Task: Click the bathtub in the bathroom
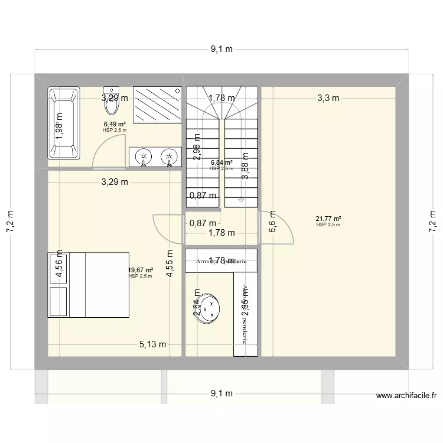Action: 64,123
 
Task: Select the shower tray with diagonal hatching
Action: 157,105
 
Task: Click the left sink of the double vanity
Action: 143,157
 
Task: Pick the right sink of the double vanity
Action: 170,157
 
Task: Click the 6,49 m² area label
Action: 115,125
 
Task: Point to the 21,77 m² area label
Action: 328,219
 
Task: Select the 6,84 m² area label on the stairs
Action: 221,162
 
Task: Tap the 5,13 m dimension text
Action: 152,345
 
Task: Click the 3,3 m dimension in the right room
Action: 328,98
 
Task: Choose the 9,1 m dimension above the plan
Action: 221,50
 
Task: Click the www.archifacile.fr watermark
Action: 406,396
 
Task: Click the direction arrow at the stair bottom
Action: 240,201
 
